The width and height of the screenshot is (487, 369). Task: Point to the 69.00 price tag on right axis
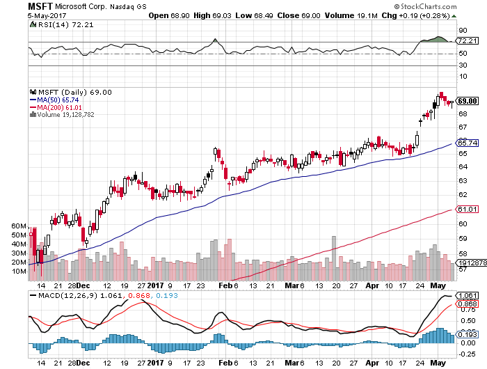(x=466, y=101)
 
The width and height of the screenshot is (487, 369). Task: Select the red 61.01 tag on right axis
(x=465, y=209)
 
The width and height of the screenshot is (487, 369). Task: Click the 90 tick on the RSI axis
(x=461, y=30)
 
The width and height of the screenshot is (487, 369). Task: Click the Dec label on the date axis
(x=82, y=285)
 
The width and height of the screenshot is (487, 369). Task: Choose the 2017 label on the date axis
(x=154, y=285)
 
